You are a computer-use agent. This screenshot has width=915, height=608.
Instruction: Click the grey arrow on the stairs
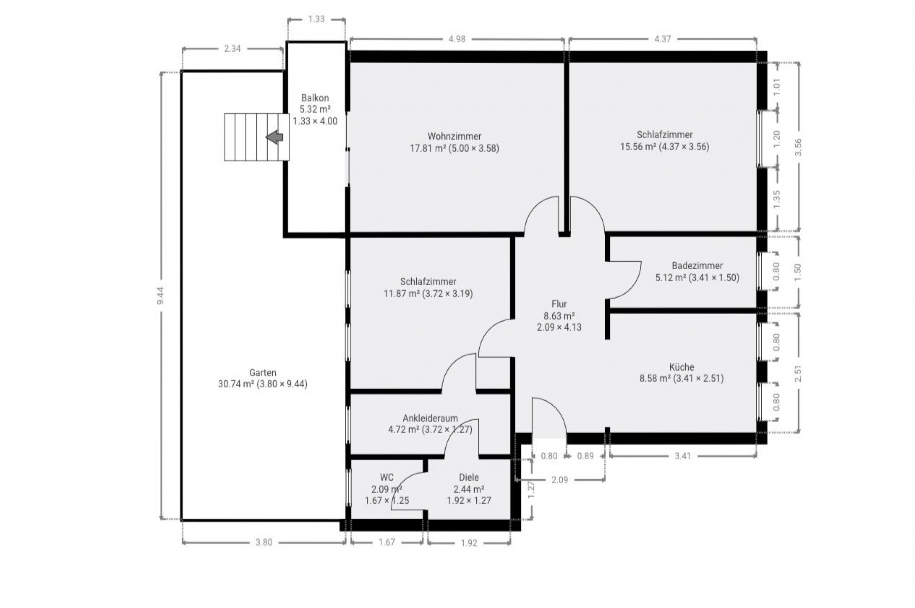click(x=274, y=137)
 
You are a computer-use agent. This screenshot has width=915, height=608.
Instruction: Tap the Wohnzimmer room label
click(x=454, y=137)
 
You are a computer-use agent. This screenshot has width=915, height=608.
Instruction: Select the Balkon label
click(x=315, y=98)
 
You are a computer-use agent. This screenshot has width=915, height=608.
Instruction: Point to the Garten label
click(x=262, y=373)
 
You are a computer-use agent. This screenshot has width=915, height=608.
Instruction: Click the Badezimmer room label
click(x=697, y=266)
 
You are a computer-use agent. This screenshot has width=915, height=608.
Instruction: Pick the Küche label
click(x=682, y=367)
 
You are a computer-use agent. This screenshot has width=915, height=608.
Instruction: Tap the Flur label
click(x=559, y=304)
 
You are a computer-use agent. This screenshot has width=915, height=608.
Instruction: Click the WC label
click(x=386, y=477)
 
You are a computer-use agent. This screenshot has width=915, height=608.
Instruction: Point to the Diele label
click(x=469, y=477)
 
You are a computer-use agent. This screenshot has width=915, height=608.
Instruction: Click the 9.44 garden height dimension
click(x=161, y=296)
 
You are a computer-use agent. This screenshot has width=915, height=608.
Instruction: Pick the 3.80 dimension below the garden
click(x=264, y=543)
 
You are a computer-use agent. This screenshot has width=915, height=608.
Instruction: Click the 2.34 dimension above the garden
click(x=232, y=49)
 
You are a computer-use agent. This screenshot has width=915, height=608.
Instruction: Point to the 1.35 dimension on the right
click(x=777, y=199)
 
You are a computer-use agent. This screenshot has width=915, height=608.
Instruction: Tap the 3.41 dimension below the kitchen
click(x=683, y=456)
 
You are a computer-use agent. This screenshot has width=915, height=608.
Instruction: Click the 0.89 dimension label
click(x=585, y=456)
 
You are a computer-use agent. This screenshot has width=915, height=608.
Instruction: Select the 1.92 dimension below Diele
click(x=469, y=543)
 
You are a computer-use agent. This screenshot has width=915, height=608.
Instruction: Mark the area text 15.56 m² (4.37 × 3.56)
click(x=664, y=147)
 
